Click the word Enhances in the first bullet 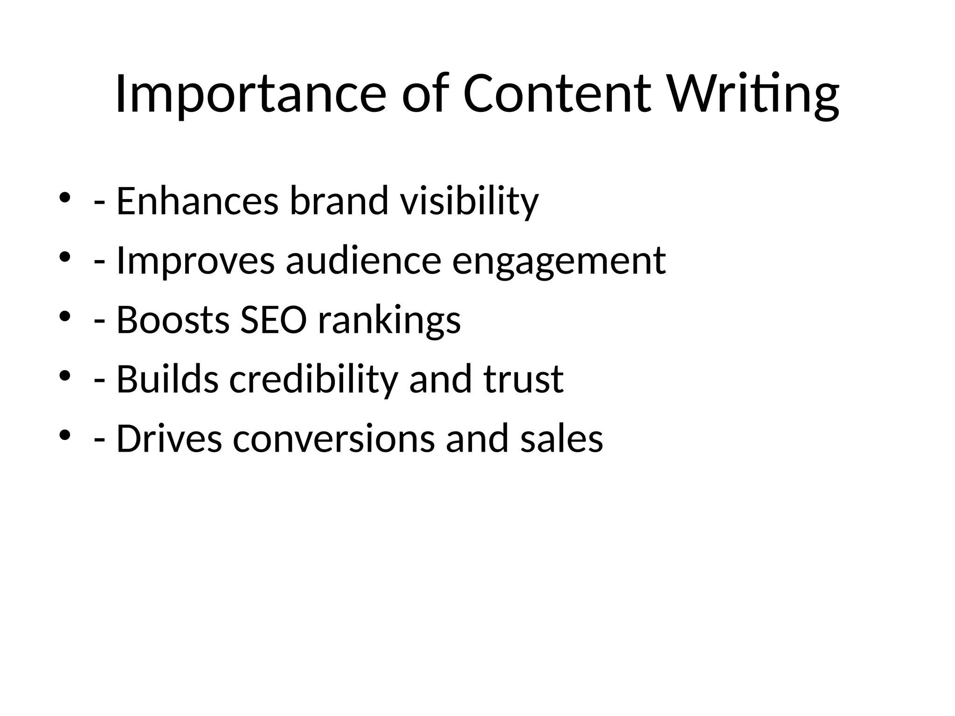pos(197,201)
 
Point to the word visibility pos(469,201)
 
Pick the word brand pos(339,201)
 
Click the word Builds pos(167,379)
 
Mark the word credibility pos(313,379)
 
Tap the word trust pos(523,379)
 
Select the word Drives pos(169,439)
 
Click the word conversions pos(333,439)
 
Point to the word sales pos(561,439)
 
